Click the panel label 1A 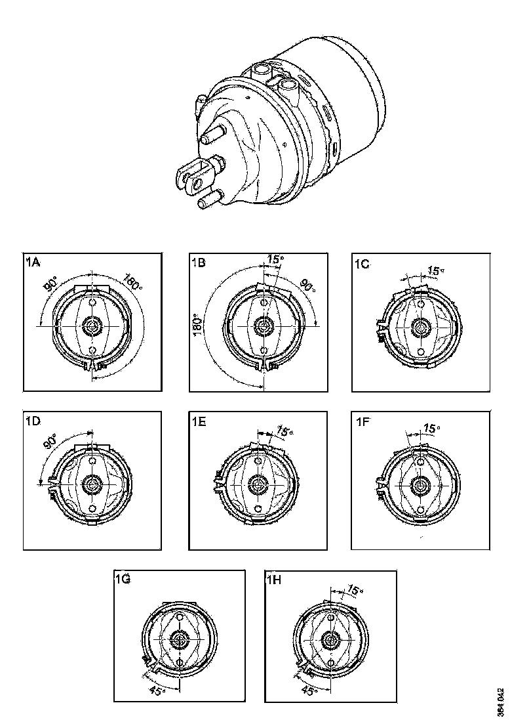click(x=33, y=263)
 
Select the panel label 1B click(x=199, y=263)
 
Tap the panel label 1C click(x=363, y=264)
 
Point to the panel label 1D click(x=33, y=422)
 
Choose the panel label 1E click(x=199, y=422)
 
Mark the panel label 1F click(x=363, y=422)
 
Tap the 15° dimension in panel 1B click(x=275, y=260)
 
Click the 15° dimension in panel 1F click(x=430, y=429)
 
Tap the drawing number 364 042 click(x=500, y=702)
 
